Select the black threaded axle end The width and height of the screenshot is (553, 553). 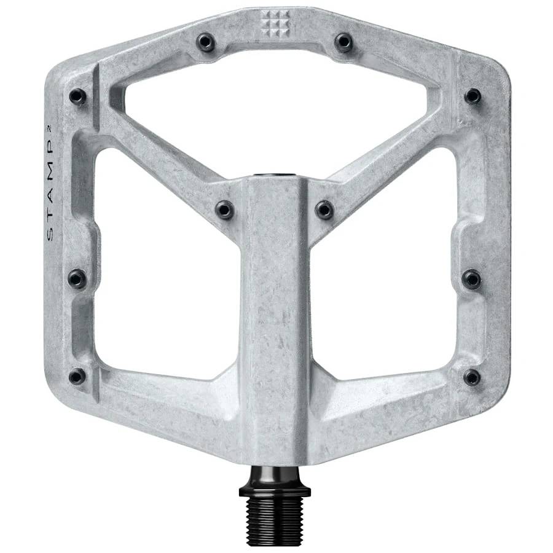point(274,516)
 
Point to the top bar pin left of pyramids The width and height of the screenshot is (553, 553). point(205,42)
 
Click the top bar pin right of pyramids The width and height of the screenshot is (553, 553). point(343,42)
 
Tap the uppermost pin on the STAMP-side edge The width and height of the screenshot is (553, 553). point(77,96)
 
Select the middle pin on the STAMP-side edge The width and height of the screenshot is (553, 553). point(77,278)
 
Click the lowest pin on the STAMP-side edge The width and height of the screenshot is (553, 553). point(77,377)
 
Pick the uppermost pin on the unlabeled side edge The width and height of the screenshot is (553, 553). point(473,96)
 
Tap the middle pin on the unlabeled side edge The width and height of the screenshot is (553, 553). point(471,278)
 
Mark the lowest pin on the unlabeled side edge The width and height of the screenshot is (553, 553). point(471,377)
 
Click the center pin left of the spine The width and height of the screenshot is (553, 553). point(225,210)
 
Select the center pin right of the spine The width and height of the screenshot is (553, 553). point(324,210)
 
